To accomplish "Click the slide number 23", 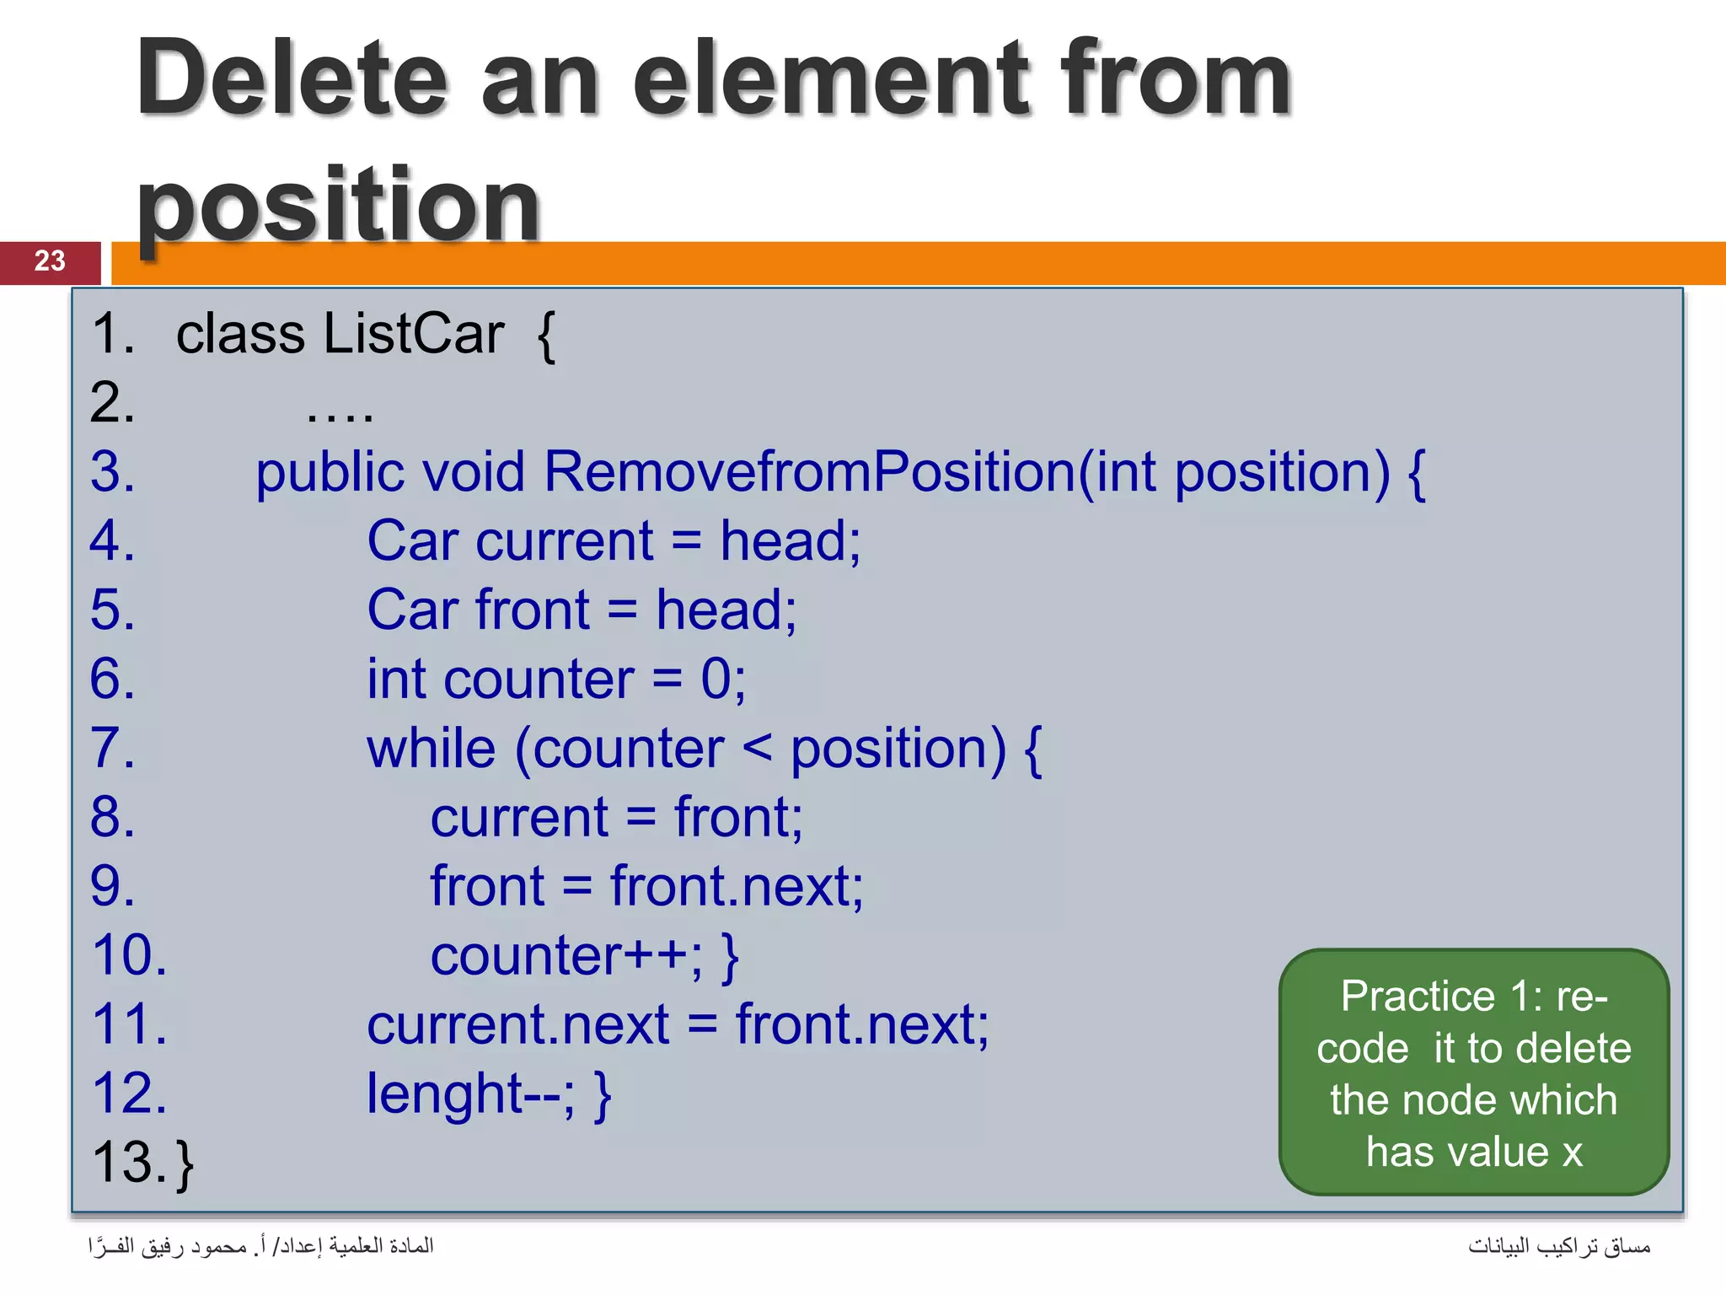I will point(50,261).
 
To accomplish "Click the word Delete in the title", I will point(292,80).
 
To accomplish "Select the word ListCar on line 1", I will point(414,334).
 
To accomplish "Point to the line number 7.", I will point(111,748).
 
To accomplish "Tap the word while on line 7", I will point(431,748).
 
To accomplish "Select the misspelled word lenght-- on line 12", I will point(469,1093).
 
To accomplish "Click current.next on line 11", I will point(517,1025).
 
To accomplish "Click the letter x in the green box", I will point(1572,1153).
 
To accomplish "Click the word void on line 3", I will point(473,471).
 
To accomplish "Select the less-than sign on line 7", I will point(757,746).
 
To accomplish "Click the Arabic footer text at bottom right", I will point(1558,1245).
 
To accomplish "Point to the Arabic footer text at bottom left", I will point(260,1245).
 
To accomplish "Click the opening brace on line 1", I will point(546,336).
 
